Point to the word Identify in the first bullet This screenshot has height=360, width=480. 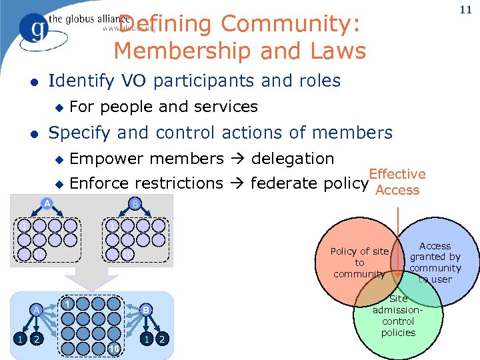[x=81, y=81]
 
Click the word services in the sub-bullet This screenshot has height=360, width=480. [x=225, y=106]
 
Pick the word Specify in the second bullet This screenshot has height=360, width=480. [x=81, y=133]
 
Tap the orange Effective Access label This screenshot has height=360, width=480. [x=397, y=181]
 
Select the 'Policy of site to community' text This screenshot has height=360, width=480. [x=360, y=262]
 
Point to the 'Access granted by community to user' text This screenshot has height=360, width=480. [x=435, y=262]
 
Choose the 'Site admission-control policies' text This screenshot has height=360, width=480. [x=399, y=315]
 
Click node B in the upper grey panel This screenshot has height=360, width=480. [x=135, y=203]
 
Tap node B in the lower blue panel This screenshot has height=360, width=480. [x=145, y=309]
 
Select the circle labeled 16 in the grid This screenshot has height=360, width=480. [x=114, y=349]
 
